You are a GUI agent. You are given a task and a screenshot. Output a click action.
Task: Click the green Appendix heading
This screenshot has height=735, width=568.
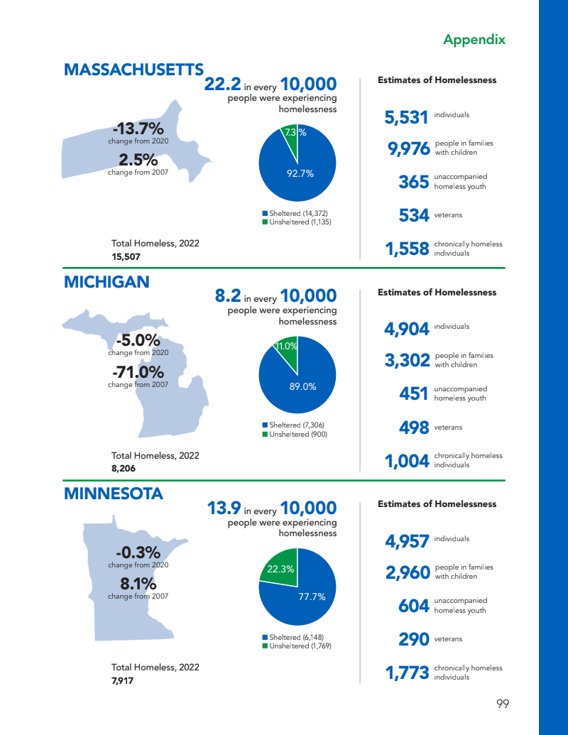click(474, 39)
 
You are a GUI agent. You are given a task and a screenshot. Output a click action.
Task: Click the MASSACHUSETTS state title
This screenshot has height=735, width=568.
click(133, 70)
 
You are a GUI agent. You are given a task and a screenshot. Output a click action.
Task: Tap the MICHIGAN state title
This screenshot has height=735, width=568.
click(106, 282)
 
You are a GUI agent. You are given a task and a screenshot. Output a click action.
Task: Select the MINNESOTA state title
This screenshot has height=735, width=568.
click(114, 494)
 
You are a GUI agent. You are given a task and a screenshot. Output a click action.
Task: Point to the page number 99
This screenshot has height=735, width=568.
click(503, 704)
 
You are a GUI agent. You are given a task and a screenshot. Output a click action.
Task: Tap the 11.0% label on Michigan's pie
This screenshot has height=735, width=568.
click(286, 347)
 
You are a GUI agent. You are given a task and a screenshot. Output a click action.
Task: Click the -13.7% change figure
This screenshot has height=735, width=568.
click(138, 129)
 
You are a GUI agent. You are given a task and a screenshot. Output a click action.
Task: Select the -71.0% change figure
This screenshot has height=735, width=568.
click(138, 372)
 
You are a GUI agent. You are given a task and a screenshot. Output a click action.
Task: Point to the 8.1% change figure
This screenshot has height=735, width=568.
click(138, 584)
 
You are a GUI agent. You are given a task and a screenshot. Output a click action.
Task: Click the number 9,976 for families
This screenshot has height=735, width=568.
click(408, 148)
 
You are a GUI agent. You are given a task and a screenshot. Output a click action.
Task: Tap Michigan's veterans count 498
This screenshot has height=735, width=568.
click(414, 428)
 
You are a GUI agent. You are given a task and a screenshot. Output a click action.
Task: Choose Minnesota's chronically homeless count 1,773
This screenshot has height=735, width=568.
click(407, 673)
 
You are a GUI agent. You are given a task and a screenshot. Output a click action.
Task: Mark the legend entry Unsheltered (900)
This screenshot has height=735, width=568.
click(298, 434)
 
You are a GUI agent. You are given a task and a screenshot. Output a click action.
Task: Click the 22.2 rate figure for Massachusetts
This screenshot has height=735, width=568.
click(222, 85)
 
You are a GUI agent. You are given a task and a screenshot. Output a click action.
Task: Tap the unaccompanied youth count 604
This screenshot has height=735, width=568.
click(414, 606)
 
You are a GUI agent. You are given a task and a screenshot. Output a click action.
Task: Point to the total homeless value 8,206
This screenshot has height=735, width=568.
click(124, 468)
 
